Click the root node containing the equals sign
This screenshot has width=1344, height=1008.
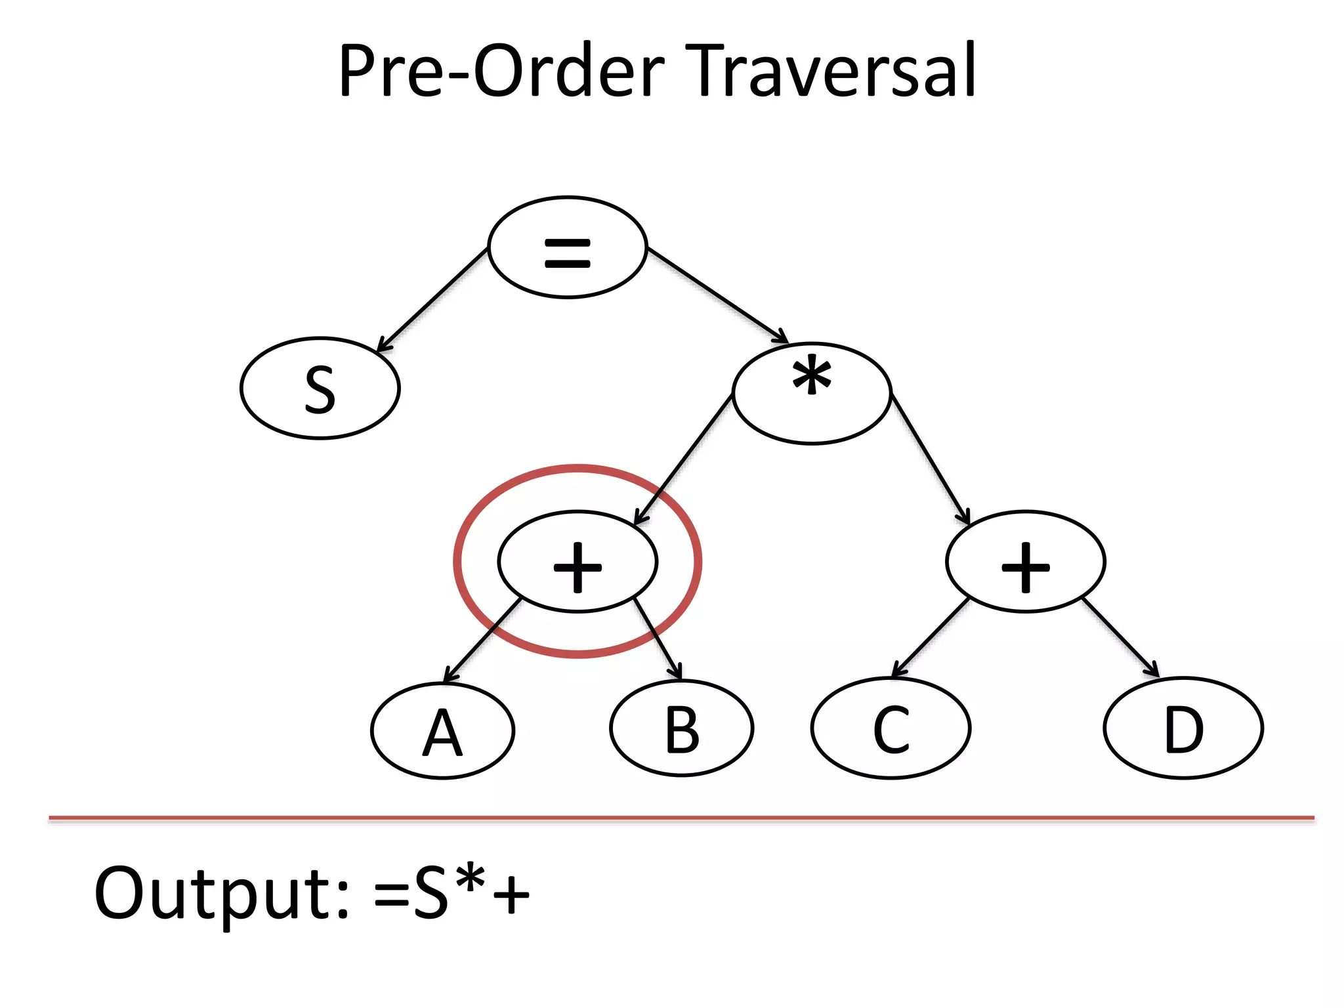568,247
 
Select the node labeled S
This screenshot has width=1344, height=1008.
320,388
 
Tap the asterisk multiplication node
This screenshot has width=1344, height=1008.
812,394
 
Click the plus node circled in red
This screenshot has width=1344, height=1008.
577,562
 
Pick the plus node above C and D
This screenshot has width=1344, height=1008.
1026,562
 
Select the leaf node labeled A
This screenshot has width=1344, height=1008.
443,731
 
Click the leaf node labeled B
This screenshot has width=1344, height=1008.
682,728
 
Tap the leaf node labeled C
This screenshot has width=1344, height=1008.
891,728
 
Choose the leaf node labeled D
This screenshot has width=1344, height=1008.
1183,728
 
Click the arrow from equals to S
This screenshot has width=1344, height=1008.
433,299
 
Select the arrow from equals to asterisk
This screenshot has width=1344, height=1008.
717,294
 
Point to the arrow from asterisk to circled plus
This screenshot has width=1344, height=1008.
684,459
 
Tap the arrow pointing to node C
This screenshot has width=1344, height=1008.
931,638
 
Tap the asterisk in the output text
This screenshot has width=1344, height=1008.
471,881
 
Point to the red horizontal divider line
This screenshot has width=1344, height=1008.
681,818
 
